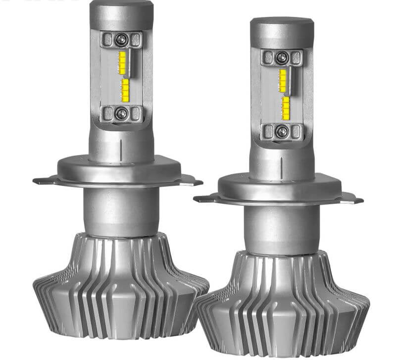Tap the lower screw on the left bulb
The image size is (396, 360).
121,113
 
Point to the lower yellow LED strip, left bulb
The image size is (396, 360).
126,89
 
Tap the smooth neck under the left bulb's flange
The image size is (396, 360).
121,210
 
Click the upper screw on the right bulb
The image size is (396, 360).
281,57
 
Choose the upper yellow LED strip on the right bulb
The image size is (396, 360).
283,80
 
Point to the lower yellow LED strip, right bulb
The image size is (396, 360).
286,108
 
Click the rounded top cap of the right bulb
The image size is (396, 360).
282,31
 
